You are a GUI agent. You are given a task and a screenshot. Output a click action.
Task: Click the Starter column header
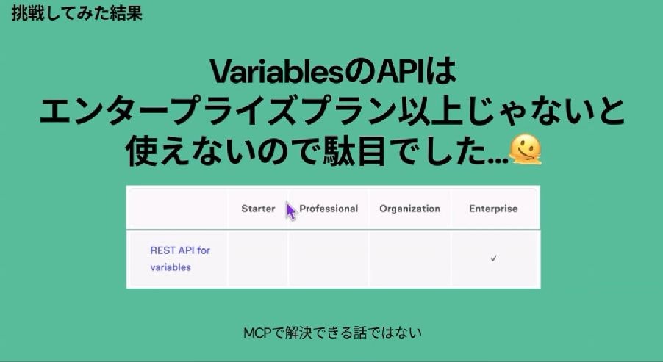coord(258,209)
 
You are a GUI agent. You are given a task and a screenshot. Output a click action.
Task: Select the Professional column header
coord(329,209)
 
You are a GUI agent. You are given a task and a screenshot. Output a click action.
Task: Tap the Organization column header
coord(409,209)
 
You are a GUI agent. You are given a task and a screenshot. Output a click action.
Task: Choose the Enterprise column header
coord(493,209)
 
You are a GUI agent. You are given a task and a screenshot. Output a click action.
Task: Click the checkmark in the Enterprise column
coord(493,258)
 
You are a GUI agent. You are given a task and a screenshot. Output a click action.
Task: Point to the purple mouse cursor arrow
coord(290,211)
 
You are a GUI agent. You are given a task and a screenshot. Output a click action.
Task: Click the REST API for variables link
coord(180,258)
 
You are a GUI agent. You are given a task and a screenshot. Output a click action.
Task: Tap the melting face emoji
coord(525,150)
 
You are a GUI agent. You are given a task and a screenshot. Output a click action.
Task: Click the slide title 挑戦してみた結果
coord(77,13)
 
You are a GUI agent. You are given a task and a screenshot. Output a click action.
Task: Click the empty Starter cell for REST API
coord(258,259)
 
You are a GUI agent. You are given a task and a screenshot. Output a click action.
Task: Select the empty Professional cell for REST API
coord(329,259)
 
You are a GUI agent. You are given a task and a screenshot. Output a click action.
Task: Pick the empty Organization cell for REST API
coord(409,259)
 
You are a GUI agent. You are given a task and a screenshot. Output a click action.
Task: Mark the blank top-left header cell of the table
coord(177,209)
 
